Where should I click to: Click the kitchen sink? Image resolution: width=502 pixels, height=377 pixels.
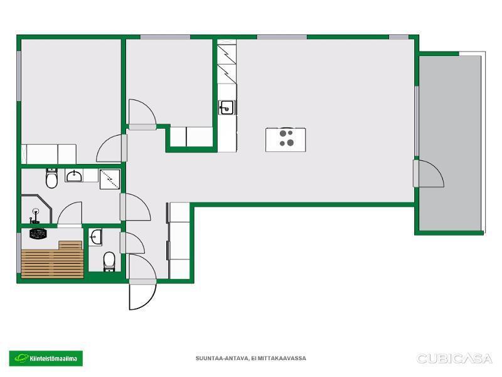click(227, 107)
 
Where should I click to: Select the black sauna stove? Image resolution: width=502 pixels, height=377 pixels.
click(38, 233)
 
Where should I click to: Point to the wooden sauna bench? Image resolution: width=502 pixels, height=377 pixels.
click(53, 260)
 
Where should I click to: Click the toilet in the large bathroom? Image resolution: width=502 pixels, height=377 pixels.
click(51, 178)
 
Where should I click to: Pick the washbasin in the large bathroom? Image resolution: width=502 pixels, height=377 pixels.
click(74, 176)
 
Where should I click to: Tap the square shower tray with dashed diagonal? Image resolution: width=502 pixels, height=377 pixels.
click(110, 179)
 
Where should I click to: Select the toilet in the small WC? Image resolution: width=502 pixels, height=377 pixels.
click(109, 261)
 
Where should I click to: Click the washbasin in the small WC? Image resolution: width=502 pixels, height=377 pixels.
click(95, 238)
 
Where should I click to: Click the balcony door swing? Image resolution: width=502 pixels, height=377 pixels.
click(429, 173)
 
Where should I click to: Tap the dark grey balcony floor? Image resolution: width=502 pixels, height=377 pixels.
click(450, 143)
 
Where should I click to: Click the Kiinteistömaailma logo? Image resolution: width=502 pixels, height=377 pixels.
click(46, 358)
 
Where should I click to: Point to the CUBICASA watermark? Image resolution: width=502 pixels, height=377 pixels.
click(454, 358)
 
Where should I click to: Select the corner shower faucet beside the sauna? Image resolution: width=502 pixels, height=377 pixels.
click(35, 216)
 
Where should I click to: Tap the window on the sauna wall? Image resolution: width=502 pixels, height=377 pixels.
click(19, 253)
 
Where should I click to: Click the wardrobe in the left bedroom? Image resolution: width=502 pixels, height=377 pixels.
click(49, 154)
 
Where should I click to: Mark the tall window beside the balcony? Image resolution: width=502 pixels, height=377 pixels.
click(417, 121)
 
